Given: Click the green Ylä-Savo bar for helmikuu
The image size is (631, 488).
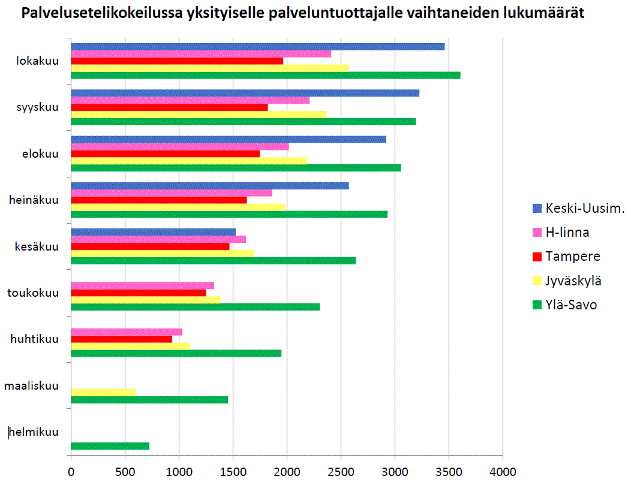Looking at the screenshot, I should [x=110, y=445].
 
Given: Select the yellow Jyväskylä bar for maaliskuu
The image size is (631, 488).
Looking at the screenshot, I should [x=103, y=392].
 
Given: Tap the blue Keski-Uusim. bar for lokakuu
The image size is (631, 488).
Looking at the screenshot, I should [x=258, y=47].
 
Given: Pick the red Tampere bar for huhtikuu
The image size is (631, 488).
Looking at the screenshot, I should [x=122, y=339].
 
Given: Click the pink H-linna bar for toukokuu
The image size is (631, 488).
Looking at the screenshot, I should [x=143, y=285].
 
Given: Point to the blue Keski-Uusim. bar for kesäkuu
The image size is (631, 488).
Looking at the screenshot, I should [x=154, y=231].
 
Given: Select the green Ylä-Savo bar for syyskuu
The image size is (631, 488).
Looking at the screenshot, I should [x=244, y=122].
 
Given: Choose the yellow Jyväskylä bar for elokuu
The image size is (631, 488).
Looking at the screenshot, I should [x=189, y=161].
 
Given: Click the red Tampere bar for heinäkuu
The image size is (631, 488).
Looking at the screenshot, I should [x=159, y=200].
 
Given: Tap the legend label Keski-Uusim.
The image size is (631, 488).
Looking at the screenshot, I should [x=585, y=208].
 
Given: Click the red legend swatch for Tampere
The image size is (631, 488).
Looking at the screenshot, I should [x=537, y=257].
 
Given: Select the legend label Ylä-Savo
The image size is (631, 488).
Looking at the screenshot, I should [x=571, y=305].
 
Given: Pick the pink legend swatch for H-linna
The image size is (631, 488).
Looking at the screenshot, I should [x=537, y=233].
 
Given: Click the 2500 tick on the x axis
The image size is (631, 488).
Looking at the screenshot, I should [x=341, y=472].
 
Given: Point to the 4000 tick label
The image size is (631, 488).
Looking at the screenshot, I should [x=503, y=472].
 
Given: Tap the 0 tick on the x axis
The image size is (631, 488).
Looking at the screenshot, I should [x=71, y=472].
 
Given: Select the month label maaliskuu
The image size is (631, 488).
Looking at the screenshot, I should [x=31, y=385].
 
